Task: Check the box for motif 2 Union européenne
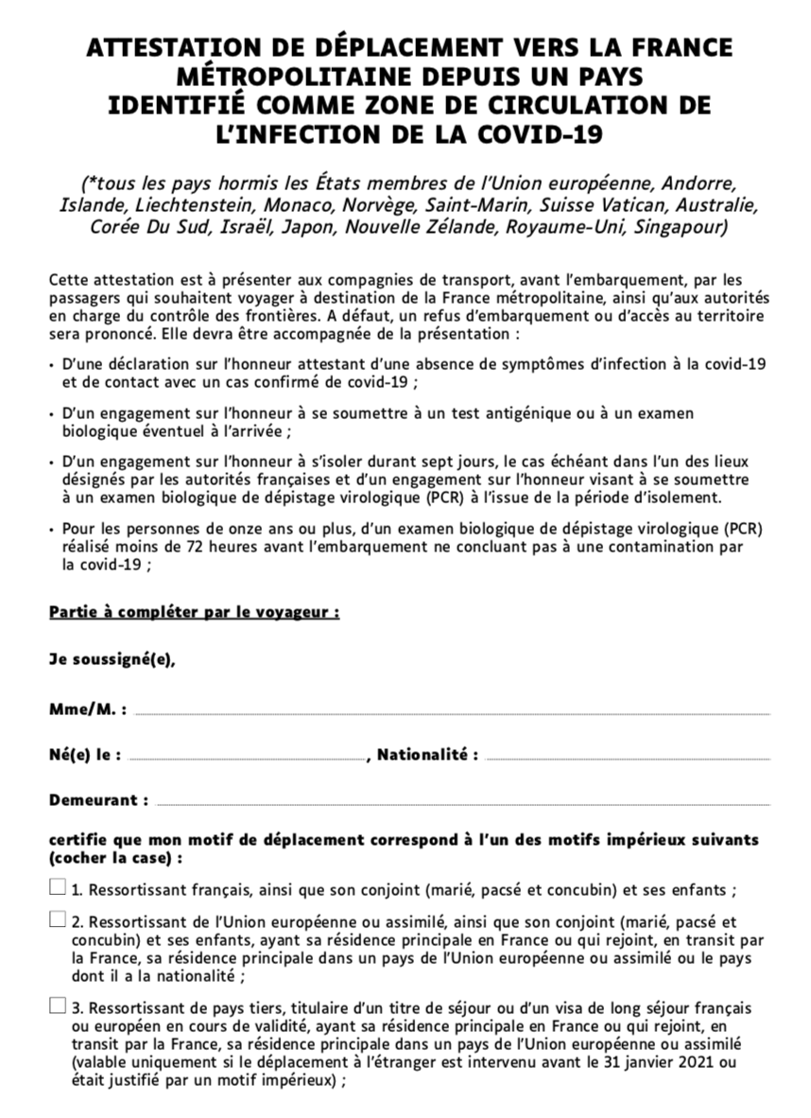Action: point(58,919)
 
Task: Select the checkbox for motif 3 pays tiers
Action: point(58,1005)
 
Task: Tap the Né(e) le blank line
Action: point(246,758)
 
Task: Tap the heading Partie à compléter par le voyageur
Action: point(194,612)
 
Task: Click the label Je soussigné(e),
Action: point(112,660)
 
